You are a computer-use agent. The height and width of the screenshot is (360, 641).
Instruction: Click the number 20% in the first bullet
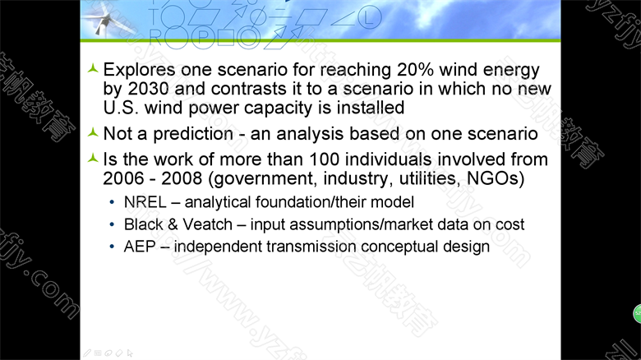click(415, 70)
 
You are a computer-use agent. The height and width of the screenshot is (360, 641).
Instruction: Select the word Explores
click(139, 71)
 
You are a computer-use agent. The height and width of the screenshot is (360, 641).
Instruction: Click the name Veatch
click(207, 224)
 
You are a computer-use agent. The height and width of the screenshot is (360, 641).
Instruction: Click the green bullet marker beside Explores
click(93, 68)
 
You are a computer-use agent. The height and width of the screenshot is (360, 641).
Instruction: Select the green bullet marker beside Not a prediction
click(93, 132)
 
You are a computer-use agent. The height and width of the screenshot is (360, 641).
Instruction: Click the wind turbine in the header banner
click(108, 18)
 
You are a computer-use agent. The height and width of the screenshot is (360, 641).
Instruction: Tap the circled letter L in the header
click(369, 18)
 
